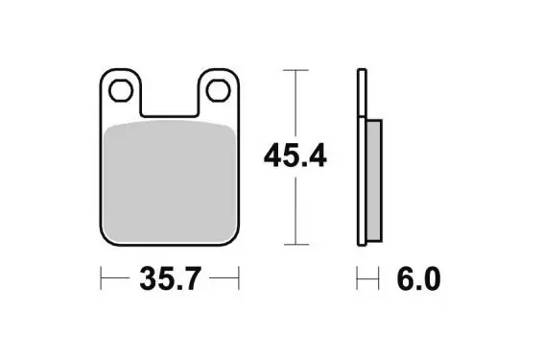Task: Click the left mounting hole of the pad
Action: (121, 90)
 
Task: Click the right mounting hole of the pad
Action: (219, 90)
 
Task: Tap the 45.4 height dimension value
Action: (295, 156)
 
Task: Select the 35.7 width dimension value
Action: (170, 278)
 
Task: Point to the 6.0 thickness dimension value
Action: (418, 278)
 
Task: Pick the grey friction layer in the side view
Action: (373, 180)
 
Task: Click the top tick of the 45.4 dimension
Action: (295, 70)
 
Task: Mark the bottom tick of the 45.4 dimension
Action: (295, 245)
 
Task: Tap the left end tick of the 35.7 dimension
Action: (101, 278)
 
